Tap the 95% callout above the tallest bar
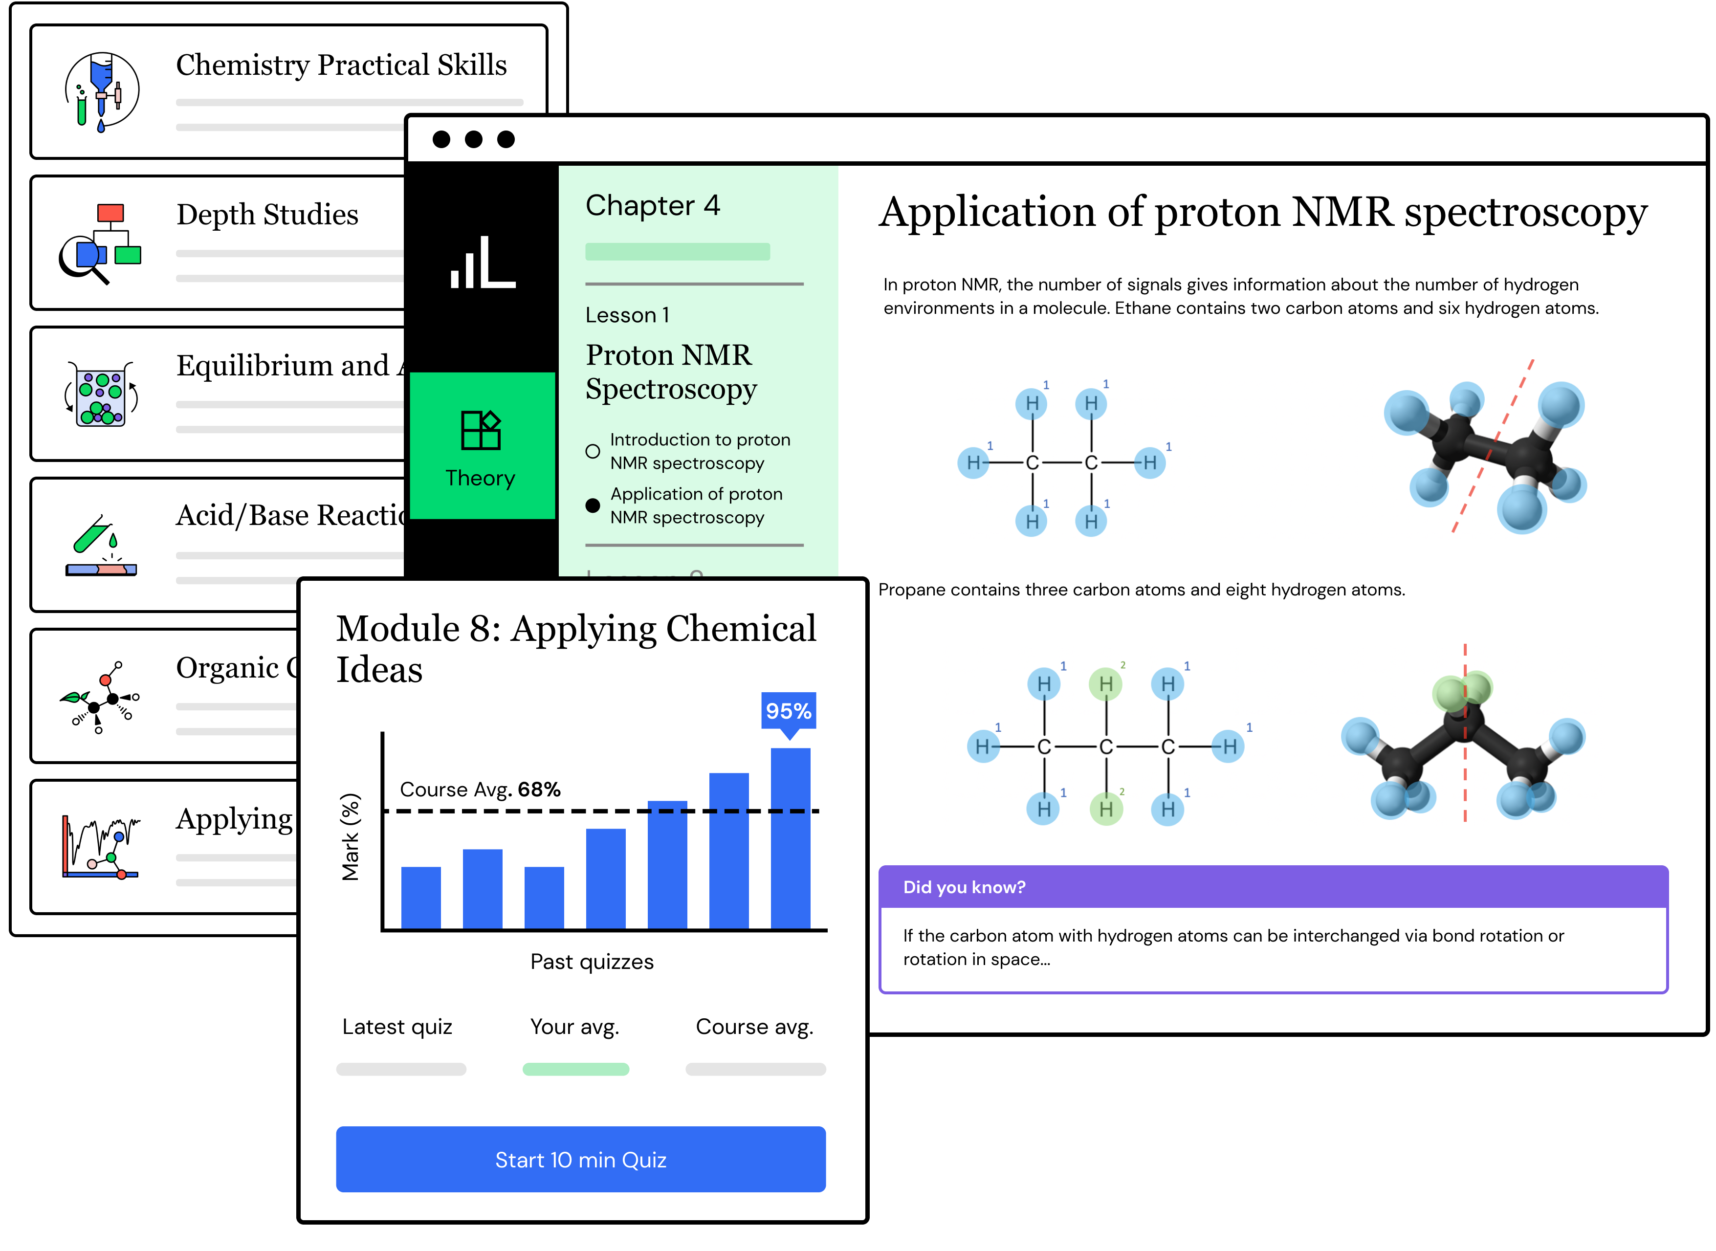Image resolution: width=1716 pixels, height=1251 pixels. coord(788,710)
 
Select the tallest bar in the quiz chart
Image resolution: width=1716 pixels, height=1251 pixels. coord(790,837)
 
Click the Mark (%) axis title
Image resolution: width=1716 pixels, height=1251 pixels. coord(350,837)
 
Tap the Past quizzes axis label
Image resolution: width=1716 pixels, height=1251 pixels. coord(592,961)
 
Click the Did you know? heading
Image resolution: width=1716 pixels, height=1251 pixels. coord(964,887)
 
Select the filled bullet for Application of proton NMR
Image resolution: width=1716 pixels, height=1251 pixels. coord(593,505)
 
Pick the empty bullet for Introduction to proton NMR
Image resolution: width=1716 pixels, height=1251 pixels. coord(593,451)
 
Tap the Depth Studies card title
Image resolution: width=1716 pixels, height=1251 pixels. coord(267,214)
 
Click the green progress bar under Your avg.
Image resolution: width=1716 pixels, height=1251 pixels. coord(575,1069)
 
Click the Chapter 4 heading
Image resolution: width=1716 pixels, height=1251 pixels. coord(652,205)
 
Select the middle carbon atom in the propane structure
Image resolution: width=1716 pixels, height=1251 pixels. coord(1106,746)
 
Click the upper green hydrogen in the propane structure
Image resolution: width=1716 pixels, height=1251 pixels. coord(1106,684)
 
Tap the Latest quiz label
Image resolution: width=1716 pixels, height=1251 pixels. coord(397,1026)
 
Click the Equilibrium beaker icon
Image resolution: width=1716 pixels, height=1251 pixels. coord(102,394)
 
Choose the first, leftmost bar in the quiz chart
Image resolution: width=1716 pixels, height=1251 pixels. coord(420,898)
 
